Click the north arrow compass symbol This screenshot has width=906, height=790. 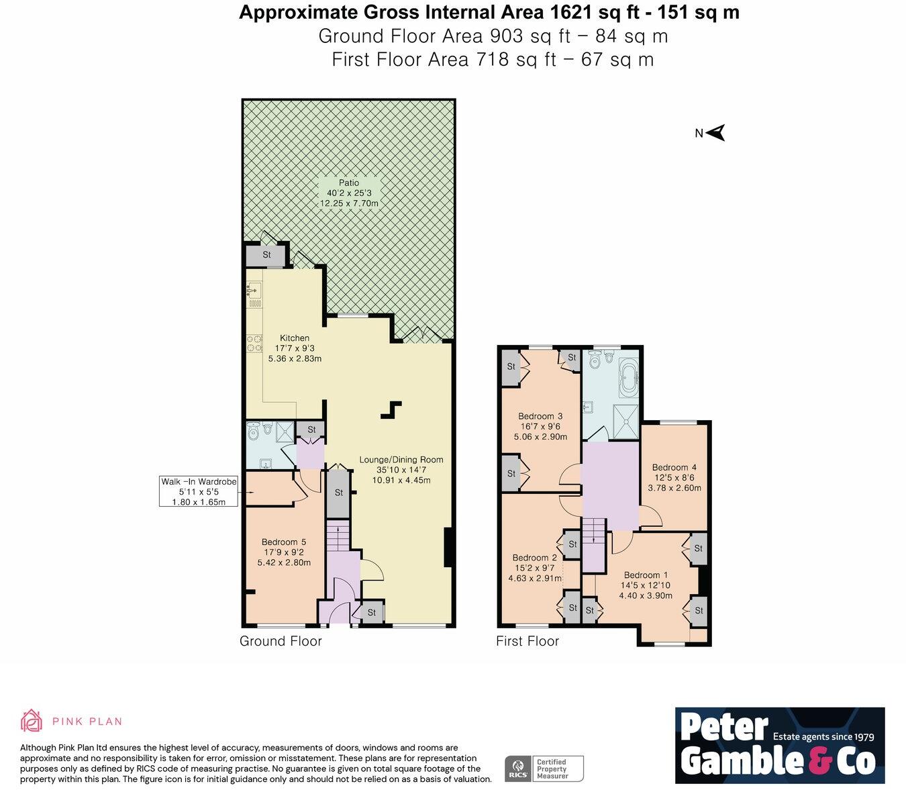(x=715, y=133)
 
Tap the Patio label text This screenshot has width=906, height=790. (x=348, y=183)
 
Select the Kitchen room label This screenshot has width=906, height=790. (x=295, y=338)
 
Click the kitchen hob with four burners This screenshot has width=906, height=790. (x=254, y=344)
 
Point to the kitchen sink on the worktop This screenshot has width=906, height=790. (x=254, y=291)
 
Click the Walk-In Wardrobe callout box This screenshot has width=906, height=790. (x=199, y=491)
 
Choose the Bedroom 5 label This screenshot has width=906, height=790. (x=284, y=542)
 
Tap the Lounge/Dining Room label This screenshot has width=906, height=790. (x=401, y=460)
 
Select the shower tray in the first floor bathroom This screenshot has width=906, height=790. (x=625, y=422)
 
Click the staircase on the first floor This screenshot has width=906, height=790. (x=593, y=544)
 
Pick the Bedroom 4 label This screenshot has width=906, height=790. (x=674, y=467)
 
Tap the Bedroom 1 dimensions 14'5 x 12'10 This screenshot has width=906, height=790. (x=645, y=585)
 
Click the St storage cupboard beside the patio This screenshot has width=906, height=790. (x=266, y=255)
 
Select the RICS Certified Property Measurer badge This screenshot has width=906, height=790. (x=544, y=769)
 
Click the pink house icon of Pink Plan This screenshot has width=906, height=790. (x=32, y=721)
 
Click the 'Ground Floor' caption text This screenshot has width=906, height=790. (x=281, y=641)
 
